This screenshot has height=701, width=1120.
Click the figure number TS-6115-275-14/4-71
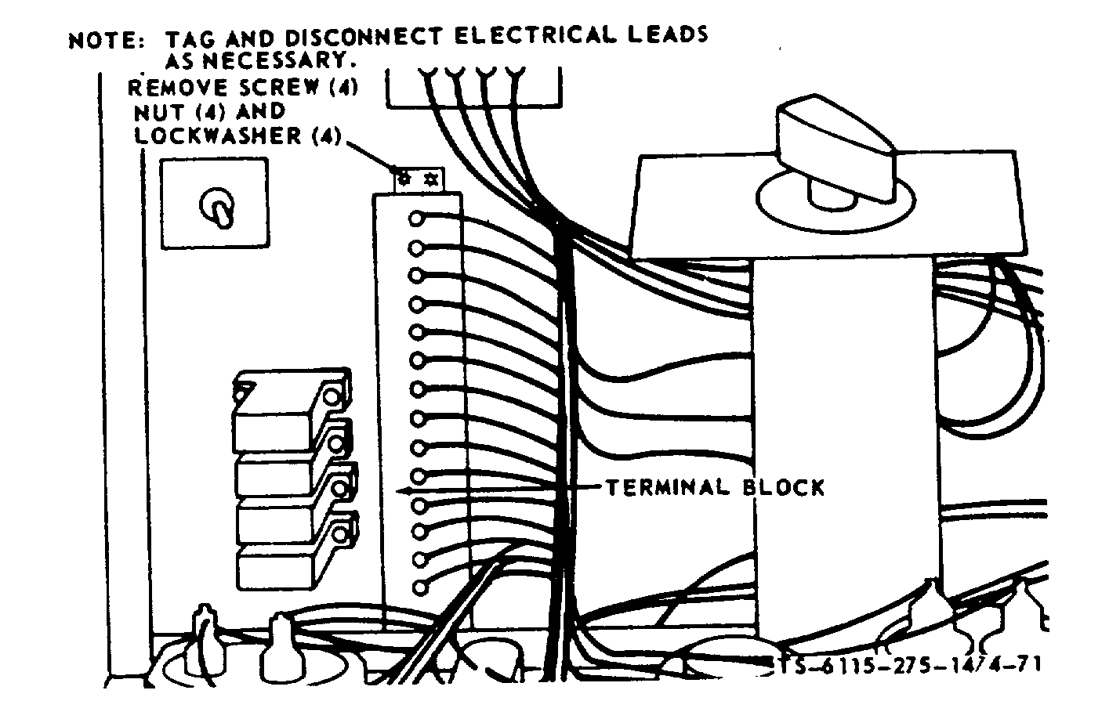901,664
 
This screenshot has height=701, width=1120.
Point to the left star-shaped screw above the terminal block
404,179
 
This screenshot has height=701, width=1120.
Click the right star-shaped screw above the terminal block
430,179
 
